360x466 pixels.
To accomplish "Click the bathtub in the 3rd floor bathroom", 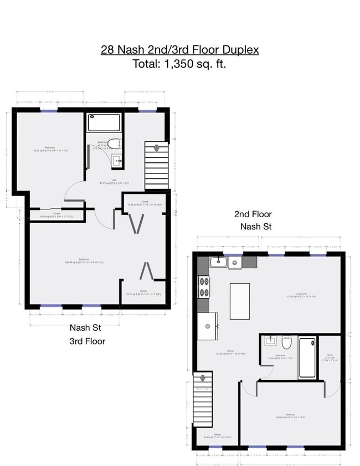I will tap(104, 122).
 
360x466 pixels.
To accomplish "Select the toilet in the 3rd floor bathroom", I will tap(114, 144).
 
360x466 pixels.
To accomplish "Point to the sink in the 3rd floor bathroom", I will tap(117, 161).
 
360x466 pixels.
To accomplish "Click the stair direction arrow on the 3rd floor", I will tap(157, 148).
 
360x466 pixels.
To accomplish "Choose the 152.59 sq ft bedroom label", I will tap(49, 149).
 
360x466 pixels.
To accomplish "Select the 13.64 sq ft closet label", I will tap(56, 215).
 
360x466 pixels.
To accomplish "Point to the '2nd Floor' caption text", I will tap(253, 214).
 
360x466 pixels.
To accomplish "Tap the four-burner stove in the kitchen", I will tap(204, 286).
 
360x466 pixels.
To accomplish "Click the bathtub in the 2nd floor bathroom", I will tap(307, 357).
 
